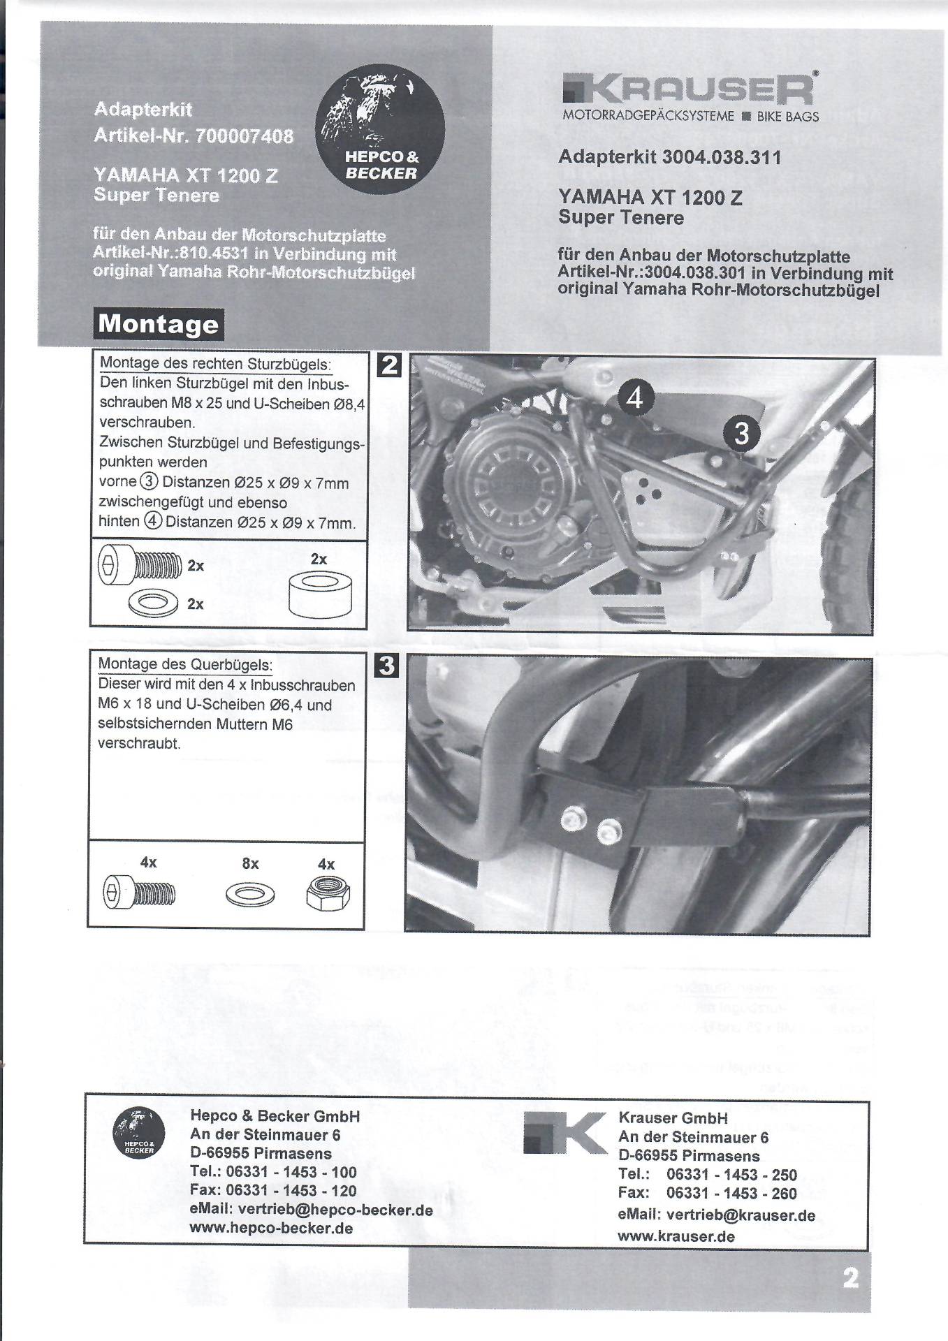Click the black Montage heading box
[159, 324]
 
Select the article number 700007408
[245, 135]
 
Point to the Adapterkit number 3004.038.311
[721, 157]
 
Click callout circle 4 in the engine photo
[634, 397]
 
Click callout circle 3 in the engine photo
[741, 433]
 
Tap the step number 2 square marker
[389, 365]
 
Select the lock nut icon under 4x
[327, 894]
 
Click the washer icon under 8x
[250, 895]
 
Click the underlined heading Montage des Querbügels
[185, 664]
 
